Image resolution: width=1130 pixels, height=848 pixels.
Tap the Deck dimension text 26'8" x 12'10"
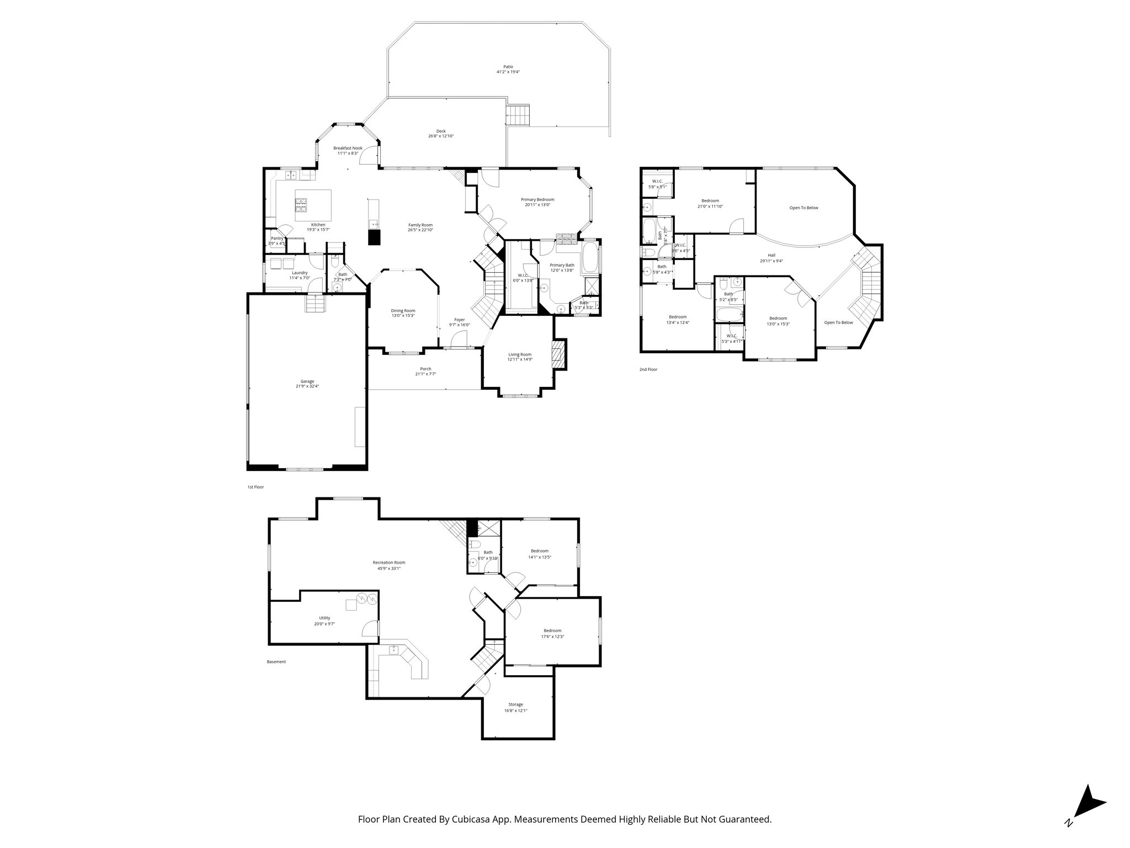pyautogui.click(x=441, y=136)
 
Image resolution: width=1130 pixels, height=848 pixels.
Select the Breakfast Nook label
pyautogui.click(x=348, y=148)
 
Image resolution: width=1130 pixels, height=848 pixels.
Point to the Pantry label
pyautogui.click(x=277, y=238)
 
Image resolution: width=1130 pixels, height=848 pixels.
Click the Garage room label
pyautogui.click(x=307, y=381)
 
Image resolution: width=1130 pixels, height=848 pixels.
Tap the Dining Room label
pyautogui.click(x=403, y=310)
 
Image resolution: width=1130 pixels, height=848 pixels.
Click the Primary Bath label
pyautogui.click(x=562, y=265)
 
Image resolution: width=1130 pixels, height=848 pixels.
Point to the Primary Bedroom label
pyautogui.click(x=537, y=199)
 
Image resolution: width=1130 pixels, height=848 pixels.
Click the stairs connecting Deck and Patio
pyautogui.click(x=518, y=115)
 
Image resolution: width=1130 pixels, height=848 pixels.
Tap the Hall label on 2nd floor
pyautogui.click(x=771, y=255)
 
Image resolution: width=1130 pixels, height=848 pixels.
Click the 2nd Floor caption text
pyautogui.click(x=648, y=369)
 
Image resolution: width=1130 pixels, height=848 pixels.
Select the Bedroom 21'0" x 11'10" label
pyautogui.click(x=710, y=200)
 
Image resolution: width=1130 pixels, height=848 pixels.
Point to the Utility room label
pyautogui.click(x=324, y=618)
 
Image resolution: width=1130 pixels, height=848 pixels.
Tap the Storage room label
pyautogui.click(x=515, y=704)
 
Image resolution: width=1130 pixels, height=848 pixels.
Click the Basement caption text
pyautogui.click(x=276, y=661)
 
